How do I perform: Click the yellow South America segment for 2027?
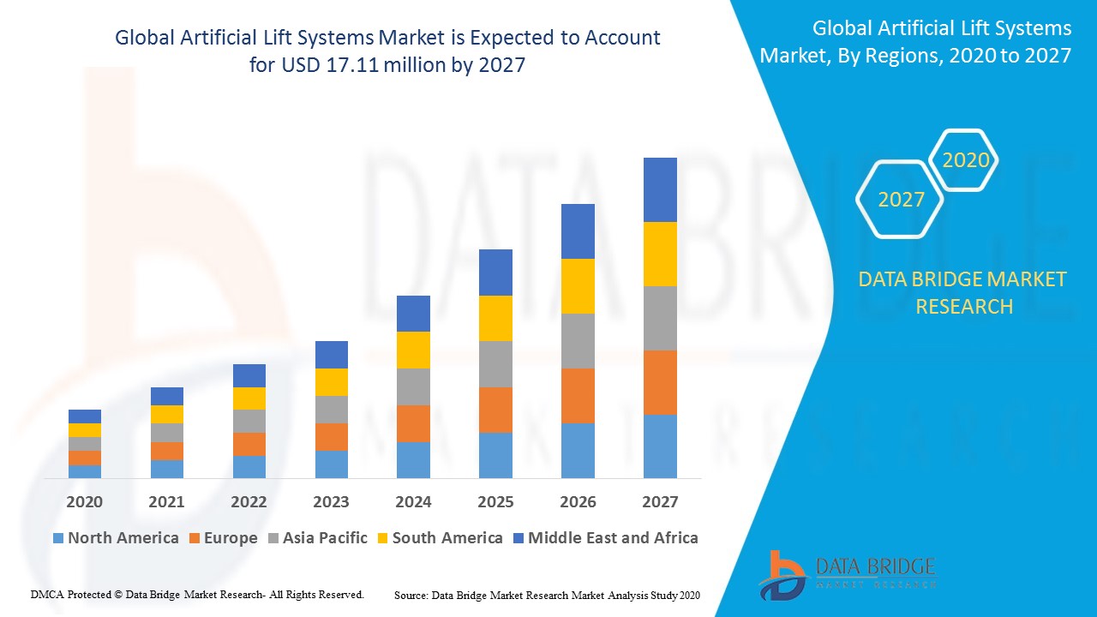pos(660,254)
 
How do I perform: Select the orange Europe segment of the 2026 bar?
pos(578,395)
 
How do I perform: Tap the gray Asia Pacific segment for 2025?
pos(495,364)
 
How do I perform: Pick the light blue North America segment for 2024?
pos(413,459)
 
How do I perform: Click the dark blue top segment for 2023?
pos(331,354)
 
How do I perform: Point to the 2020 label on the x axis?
pos(84,502)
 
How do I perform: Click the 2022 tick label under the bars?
pos(249,502)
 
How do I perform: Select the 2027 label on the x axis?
pos(660,502)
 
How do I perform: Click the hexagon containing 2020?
pos(965,160)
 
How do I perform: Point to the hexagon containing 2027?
pos(901,200)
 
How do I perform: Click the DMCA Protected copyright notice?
pos(197,594)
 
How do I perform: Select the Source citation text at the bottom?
pos(547,595)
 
